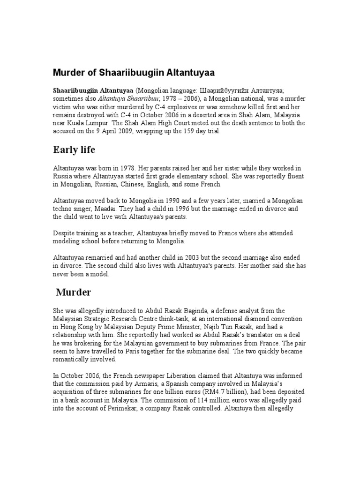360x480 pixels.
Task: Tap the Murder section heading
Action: coord(74,292)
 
